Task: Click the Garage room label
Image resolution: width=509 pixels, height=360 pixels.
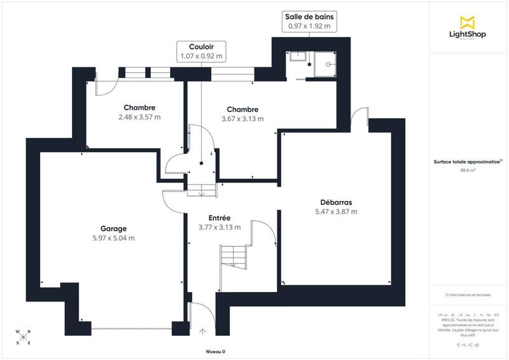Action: pos(113,229)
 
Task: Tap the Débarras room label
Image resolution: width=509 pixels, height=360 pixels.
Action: pos(337,203)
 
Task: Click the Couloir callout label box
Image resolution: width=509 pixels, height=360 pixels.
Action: pos(202,52)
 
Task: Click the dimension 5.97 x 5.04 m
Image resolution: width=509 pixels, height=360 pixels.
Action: pos(113,239)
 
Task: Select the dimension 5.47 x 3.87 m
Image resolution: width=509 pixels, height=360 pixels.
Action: pos(337,212)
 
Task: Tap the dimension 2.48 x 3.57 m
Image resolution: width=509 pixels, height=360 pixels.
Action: pos(139,117)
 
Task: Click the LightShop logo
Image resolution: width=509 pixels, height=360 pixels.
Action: pos(468,29)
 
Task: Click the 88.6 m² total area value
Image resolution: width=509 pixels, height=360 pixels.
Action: pos(468,170)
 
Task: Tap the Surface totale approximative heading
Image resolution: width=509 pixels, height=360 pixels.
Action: pos(468,162)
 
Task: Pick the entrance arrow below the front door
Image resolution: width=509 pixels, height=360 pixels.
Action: pos(203,331)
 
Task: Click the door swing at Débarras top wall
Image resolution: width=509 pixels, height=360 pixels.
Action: pos(360,118)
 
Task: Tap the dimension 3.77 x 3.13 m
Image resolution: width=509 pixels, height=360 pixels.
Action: pos(220,227)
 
